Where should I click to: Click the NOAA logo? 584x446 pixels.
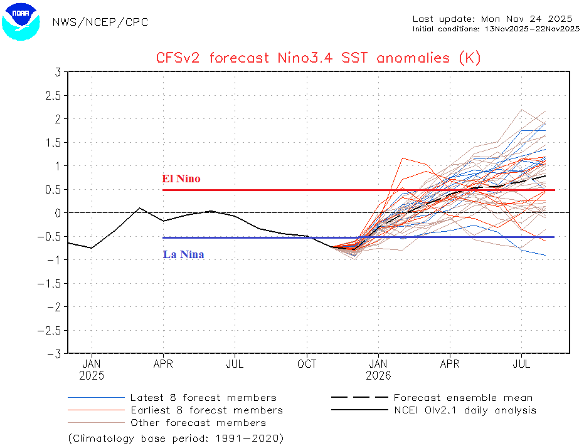pyautogui.click(x=20, y=21)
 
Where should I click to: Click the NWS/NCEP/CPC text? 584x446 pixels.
pyautogui.click(x=100, y=23)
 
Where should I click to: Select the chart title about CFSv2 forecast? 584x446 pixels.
pyautogui.click(x=318, y=58)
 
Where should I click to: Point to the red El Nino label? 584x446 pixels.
pyautogui.click(x=181, y=179)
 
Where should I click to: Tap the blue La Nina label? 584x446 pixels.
pyautogui.click(x=183, y=255)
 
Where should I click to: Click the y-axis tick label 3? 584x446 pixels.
pyautogui.click(x=57, y=72)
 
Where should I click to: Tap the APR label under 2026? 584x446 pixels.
pyautogui.click(x=450, y=364)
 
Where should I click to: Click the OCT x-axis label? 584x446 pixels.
pyautogui.click(x=307, y=364)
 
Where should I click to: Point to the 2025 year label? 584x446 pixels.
pyautogui.click(x=92, y=376)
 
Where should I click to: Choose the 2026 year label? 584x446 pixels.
pyautogui.click(x=378, y=376)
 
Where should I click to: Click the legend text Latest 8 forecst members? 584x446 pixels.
pyautogui.click(x=203, y=398)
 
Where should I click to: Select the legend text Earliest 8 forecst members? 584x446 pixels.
pyautogui.click(x=206, y=410)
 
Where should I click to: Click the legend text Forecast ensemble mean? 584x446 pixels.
pyautogui.click(x=463, y=398)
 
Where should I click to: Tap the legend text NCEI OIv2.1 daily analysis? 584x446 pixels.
pyautogui.click(x=465, y=410)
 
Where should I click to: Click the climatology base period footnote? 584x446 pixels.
pyautogui.click(x=176, y=437)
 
